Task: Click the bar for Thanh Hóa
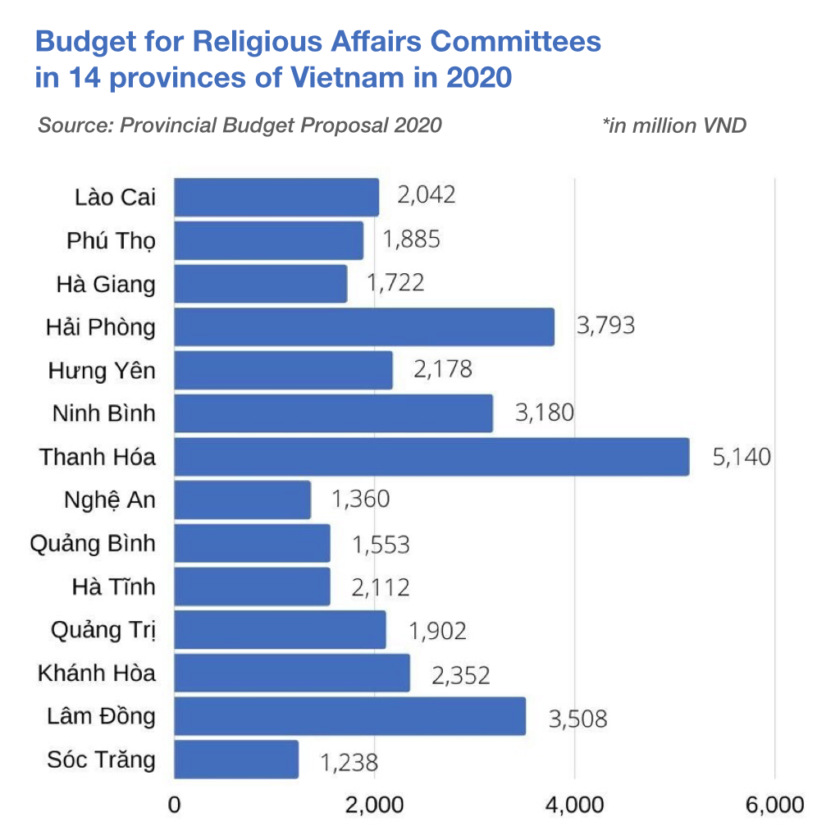pyautogui.click(x=431, y=457)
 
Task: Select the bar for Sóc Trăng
pyautogui.click(x=236, y=760)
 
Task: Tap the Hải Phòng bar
pyautogui.click(x=364, y=326)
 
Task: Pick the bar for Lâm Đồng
pyautogui.click(x=349, y=716)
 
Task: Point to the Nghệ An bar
pyautogui.click(x=243, y=500)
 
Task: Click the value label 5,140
pyautogui.click(x=742, y=457)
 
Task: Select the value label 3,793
pyautogui.click(x=605, y=326)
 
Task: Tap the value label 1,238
pyautogui.click(x=349, y=763)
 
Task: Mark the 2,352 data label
pyautogui.click(x=460, y=675)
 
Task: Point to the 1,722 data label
pyautogui.click(x=395, y=283)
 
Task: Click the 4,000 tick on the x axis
pyautogui.click(x=574, y=805)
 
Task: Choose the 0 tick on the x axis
pyautogui.click(x=174, y=805)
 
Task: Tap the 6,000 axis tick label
pyautogui.click(x=775, y=805)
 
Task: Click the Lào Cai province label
pyautogui.click(x=114, y=197)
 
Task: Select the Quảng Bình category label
pyautogui.click(x=93, y=544)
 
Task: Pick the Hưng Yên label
pyautogui.click(x=102, y=371)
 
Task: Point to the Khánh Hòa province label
pyautogui.click(x=97, y=673)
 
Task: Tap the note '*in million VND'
pyautogui.click(x=674, y=126)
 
